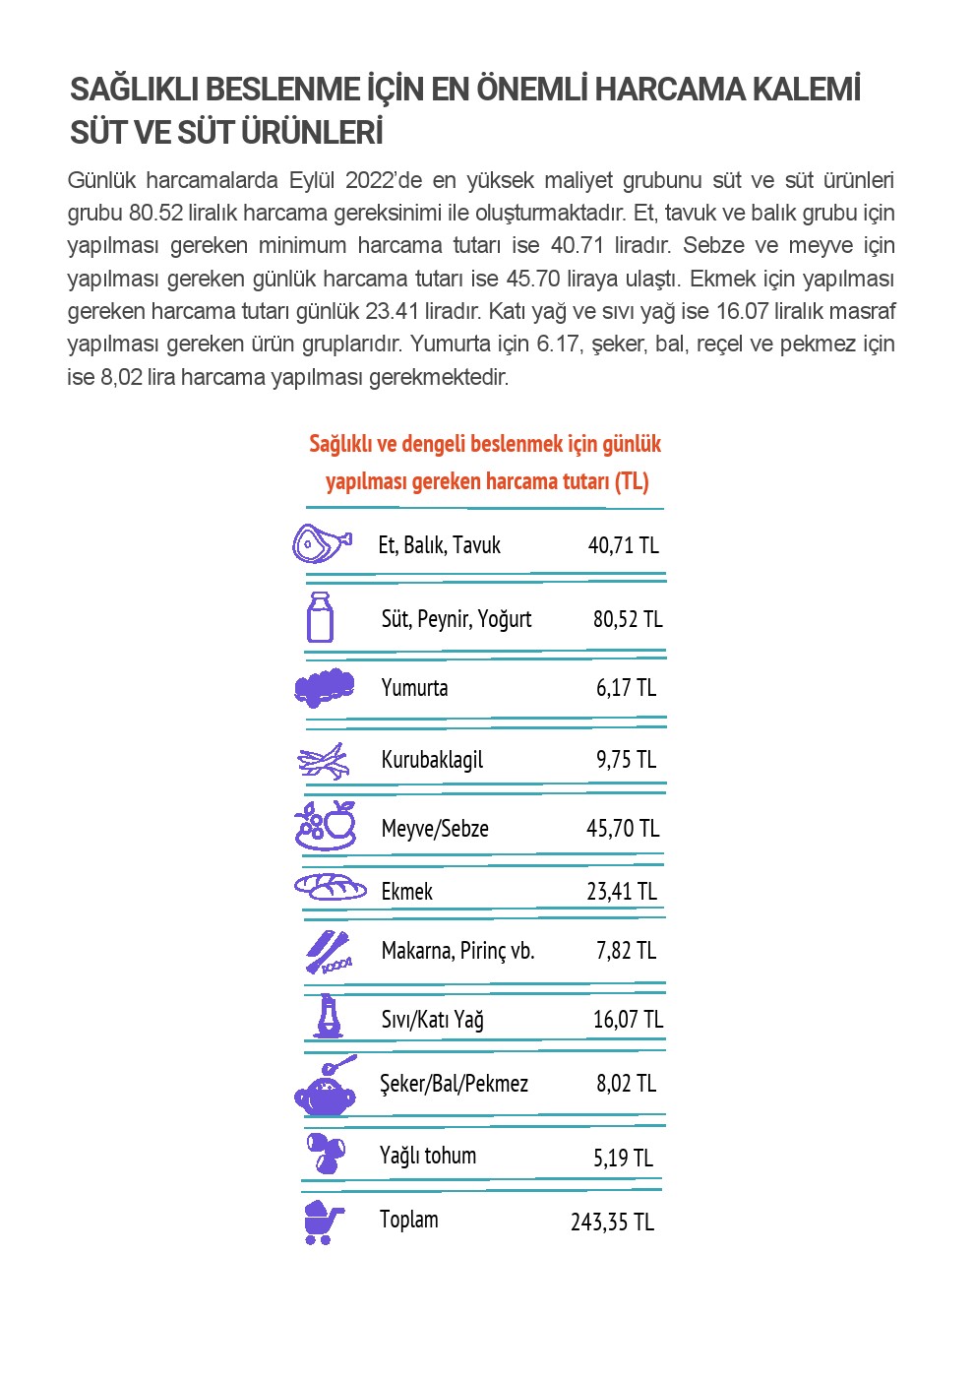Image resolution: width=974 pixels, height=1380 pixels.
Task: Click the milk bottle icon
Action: [x=320, y=618]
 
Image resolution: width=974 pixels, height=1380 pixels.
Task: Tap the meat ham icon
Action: [x=321, y=543]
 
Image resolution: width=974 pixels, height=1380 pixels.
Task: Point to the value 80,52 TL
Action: [x=628, y=619]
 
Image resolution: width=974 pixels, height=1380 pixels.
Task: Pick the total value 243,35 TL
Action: [x=612, y=1223]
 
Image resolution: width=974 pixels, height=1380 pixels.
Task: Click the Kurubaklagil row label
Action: [x=432, y=760]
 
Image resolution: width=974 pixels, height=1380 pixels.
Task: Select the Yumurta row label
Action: [x=414, y=688]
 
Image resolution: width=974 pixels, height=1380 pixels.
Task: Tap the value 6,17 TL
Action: [x=626, y=688]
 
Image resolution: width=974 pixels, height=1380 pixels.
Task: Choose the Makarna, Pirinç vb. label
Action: [x=457, y=951]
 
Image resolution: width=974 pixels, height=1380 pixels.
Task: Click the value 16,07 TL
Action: [x=628, y=1020]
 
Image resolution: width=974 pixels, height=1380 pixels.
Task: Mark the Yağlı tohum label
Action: [x=428, y=1156]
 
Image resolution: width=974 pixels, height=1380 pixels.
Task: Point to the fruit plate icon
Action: [x=326, y=826]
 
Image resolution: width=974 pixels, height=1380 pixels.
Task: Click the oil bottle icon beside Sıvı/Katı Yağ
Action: [x=328, y=1017]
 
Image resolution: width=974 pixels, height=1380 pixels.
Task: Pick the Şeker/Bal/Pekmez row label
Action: [x=454, y=1084]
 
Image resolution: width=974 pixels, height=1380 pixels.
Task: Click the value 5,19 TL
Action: [x=623, y=1158]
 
